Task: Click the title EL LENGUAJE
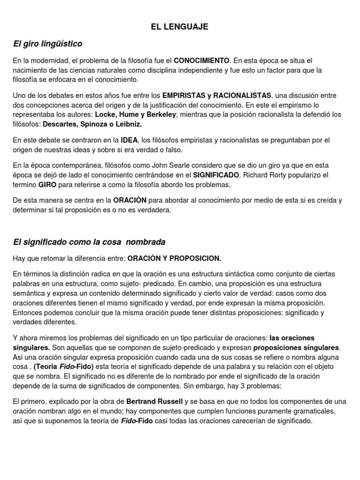180,27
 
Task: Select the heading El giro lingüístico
47,44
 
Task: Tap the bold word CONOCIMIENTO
202,61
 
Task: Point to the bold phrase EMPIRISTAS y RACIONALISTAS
217,96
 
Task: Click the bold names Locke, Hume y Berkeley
134,114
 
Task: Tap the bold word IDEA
129,140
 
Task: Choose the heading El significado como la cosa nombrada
89,242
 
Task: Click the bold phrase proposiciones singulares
296,347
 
